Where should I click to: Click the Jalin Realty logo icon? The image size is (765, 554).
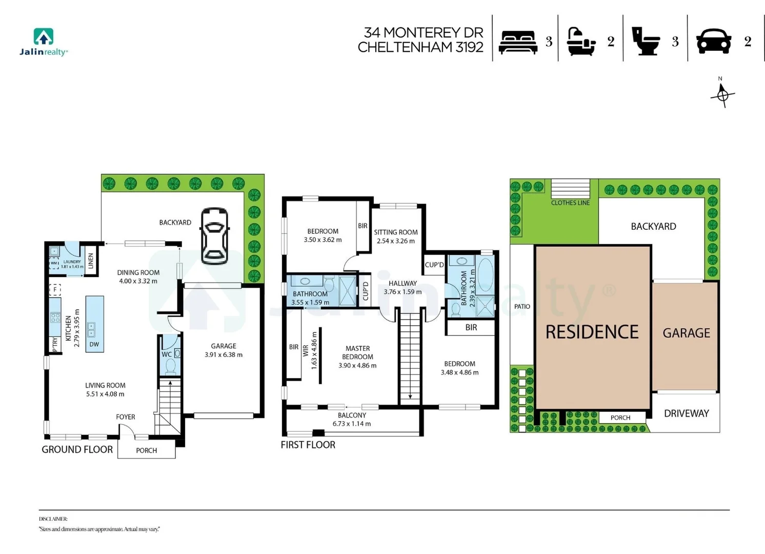44,36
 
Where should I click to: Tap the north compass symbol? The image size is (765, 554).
722,94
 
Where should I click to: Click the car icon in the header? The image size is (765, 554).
713,41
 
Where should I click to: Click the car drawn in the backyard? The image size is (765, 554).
215,235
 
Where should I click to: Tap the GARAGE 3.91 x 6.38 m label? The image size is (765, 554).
224,350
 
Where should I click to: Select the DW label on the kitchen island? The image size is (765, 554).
94,344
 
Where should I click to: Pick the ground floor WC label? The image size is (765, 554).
166,354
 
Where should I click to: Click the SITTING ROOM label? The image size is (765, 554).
395,236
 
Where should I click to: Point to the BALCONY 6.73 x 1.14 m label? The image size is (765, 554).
352,420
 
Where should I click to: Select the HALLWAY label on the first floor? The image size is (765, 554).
402,287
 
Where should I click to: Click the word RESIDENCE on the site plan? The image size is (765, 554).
592,332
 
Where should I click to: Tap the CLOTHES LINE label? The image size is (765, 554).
570,203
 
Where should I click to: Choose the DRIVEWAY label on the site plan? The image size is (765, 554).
686,413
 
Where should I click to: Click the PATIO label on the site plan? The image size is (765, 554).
522,307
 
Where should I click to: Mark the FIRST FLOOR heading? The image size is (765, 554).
308,445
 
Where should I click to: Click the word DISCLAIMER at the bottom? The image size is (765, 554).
53,519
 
